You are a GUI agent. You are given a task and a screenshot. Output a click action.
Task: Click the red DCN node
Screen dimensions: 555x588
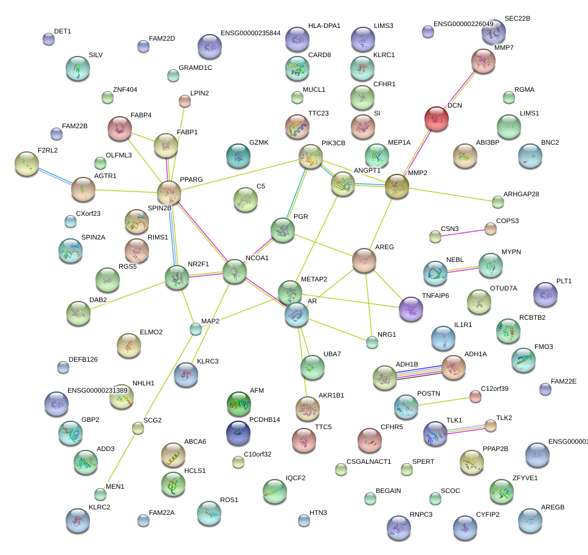coord(436,119)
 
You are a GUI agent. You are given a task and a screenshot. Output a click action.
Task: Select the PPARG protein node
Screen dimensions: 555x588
coord(169,193)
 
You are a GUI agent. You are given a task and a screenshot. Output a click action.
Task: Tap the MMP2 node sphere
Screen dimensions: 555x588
coord(396,186)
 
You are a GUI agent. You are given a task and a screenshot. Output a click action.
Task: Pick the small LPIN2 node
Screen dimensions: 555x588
coord(184,100)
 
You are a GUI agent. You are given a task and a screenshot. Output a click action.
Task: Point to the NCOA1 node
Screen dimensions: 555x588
coord(234,272)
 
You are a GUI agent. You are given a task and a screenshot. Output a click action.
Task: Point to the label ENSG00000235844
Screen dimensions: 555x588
coord(250,33)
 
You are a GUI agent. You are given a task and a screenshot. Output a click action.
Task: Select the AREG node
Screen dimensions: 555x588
coord(364,260)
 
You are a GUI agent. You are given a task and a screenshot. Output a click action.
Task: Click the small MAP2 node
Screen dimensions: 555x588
coord(195,329)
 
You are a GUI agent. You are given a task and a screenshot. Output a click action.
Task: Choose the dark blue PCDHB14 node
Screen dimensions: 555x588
coord(238,432)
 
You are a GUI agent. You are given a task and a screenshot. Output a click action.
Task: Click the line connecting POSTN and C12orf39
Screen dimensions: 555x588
coord(441,402)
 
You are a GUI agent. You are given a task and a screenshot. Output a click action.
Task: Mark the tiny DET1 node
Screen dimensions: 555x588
coord(49,40)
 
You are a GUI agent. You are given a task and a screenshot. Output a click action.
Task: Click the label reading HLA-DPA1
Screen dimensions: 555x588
coord(324,26)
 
